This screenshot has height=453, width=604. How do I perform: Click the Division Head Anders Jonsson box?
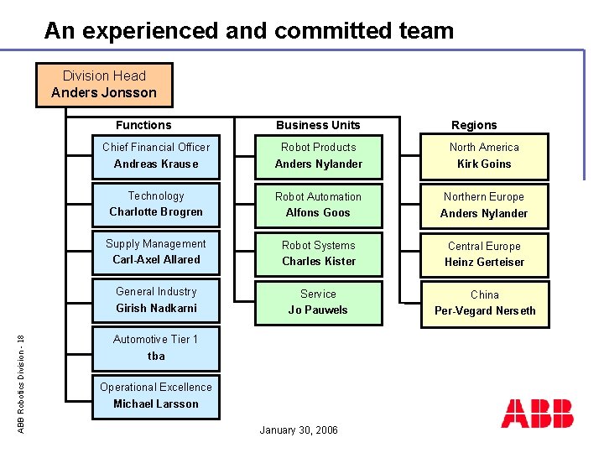click(x=104, y=85)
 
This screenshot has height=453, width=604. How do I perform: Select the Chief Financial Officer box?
click(x=156, y=155)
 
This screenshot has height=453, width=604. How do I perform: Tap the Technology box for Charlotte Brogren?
click(x=156, y=204)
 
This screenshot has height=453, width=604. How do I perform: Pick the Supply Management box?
click(x=156, y=252)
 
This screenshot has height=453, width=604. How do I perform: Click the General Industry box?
click(x=156, y=299)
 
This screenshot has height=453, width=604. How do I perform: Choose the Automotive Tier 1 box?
click(x=156, y=347)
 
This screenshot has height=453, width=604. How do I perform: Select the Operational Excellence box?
click(x=156, y=395)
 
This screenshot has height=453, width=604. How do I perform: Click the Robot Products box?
click(x=319, y=155)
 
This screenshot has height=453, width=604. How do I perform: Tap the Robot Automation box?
click(x=319, y=204)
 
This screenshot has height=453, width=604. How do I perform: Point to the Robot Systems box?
click(x=319, y=253)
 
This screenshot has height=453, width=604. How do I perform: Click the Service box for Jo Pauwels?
click(x=319, y=301)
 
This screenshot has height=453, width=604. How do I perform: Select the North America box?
click(x=484, y=155)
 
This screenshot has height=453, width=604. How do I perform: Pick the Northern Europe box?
click(x=484, y=205)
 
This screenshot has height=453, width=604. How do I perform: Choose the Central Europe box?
click(x=484, y=253)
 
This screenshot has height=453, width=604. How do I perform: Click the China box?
click(x=484, y=303)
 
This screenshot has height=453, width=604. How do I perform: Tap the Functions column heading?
click(x=143, y=125)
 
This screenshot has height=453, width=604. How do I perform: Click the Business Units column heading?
click(x=318, y=125)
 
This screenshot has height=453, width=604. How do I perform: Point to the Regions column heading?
click(x=474, y=125)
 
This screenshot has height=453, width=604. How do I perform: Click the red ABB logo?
click(x=538, y=414)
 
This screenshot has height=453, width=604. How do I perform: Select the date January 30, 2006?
click(x=299, y=430)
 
